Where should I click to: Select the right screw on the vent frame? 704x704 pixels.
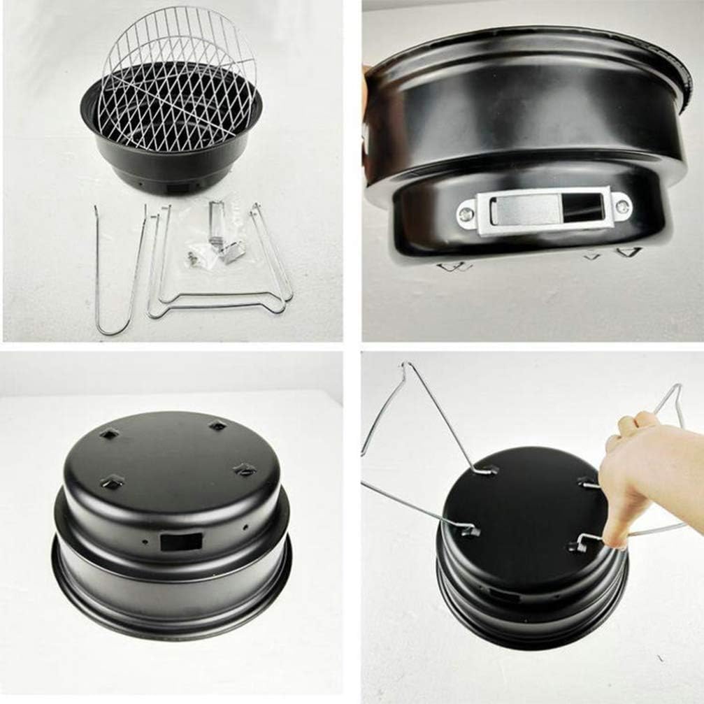[621, 207]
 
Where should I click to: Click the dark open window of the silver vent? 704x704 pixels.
[582, 207]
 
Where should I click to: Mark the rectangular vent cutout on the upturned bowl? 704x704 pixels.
[180, 542]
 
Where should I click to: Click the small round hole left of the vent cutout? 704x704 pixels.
[145, 542]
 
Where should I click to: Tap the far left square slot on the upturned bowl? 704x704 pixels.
[109, 434]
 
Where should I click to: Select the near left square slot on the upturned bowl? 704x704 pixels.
[112, 482]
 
